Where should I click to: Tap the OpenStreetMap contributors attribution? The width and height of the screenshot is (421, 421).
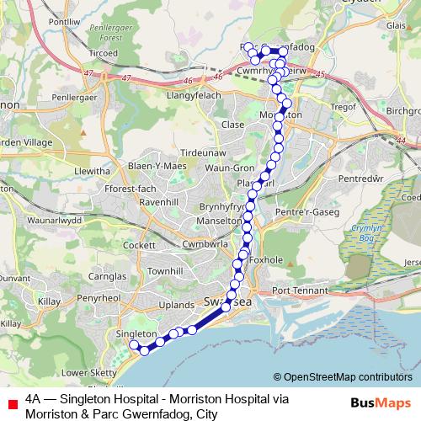[347, 377]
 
